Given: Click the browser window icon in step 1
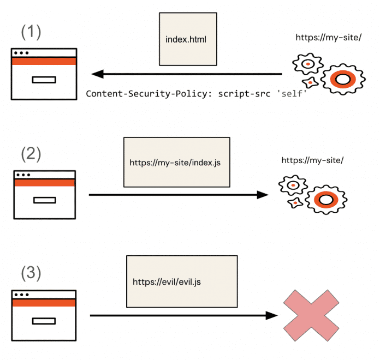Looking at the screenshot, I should point(44,74).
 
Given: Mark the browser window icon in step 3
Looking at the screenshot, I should point(44,315).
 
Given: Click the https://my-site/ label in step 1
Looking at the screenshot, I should point(327,37).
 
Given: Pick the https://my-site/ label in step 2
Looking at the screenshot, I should point(312,160).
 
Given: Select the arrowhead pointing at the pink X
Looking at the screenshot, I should point(271,315).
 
